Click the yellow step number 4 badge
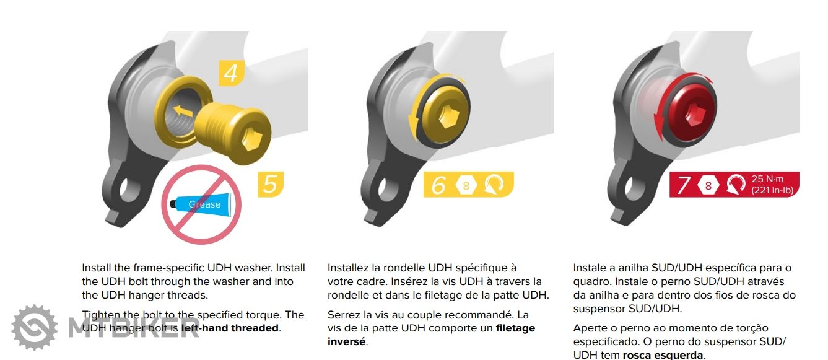232,73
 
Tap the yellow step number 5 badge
271,184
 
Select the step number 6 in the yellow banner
438,185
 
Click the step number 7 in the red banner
683,185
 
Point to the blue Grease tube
201,204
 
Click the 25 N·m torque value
767,179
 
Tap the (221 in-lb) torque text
772,190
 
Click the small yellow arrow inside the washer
183,111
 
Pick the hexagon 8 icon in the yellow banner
466,185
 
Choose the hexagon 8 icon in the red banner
708,185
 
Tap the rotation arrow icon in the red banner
736,184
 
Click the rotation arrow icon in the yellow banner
494,184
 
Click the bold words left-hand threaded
230,328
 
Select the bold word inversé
346,341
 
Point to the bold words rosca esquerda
663,355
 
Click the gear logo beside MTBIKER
35,328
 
